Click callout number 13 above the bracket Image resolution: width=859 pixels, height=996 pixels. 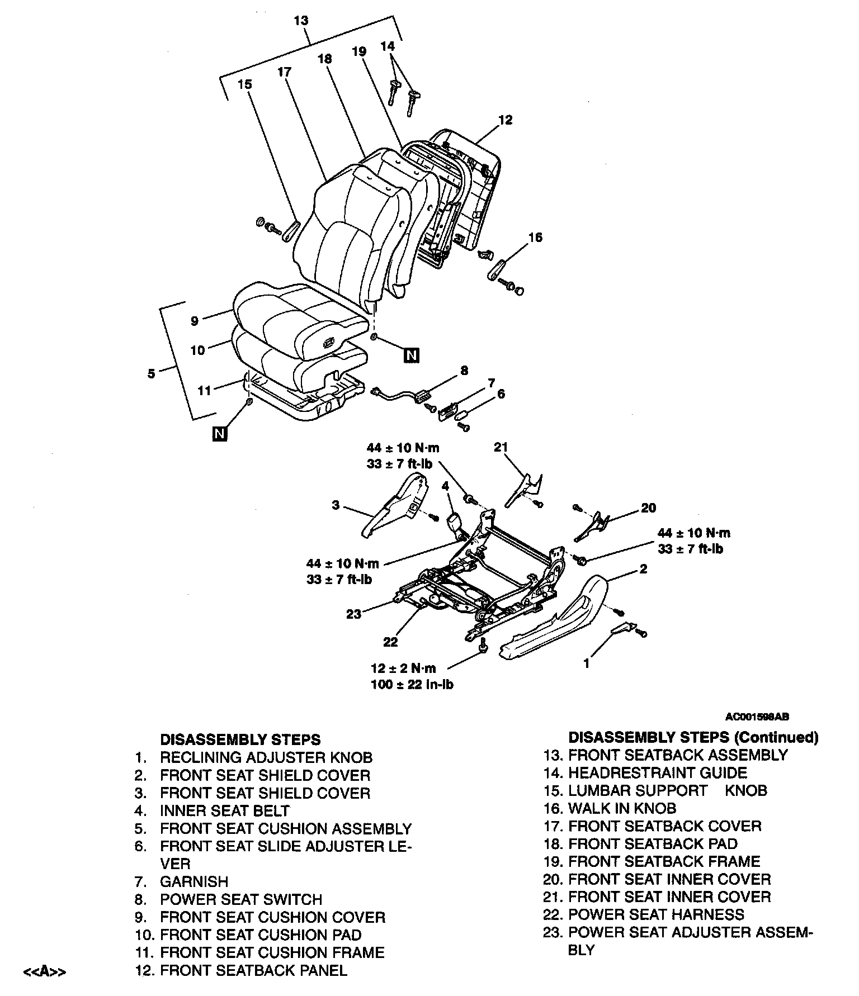coord(301,21)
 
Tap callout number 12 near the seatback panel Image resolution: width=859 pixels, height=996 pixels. coord(505,120)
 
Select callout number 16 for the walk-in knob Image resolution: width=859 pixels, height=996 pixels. coord(535,238)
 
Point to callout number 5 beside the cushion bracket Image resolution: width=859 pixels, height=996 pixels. coord(152,373)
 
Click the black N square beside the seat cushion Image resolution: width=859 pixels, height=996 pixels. coord(412,355)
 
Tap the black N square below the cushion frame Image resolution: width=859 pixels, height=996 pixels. coord(220,433)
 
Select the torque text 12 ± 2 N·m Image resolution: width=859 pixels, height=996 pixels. coord(403,668)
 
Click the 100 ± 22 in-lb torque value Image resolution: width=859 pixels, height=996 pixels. coord(412,684)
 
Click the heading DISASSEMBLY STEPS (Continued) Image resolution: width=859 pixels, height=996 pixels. coord(693,737)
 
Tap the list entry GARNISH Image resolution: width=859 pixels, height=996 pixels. coord(194,882)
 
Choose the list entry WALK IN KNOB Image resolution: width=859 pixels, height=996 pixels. coord(622,808)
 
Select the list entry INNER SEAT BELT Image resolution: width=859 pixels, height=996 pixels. coord(225,811)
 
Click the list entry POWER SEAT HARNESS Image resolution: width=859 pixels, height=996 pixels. coord(656,914)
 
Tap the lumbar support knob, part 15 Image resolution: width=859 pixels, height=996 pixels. coord(291,230)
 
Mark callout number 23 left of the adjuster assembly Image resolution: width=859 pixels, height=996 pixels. coord(354,614)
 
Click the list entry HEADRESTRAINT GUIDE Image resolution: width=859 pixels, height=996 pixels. coord(657,773)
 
